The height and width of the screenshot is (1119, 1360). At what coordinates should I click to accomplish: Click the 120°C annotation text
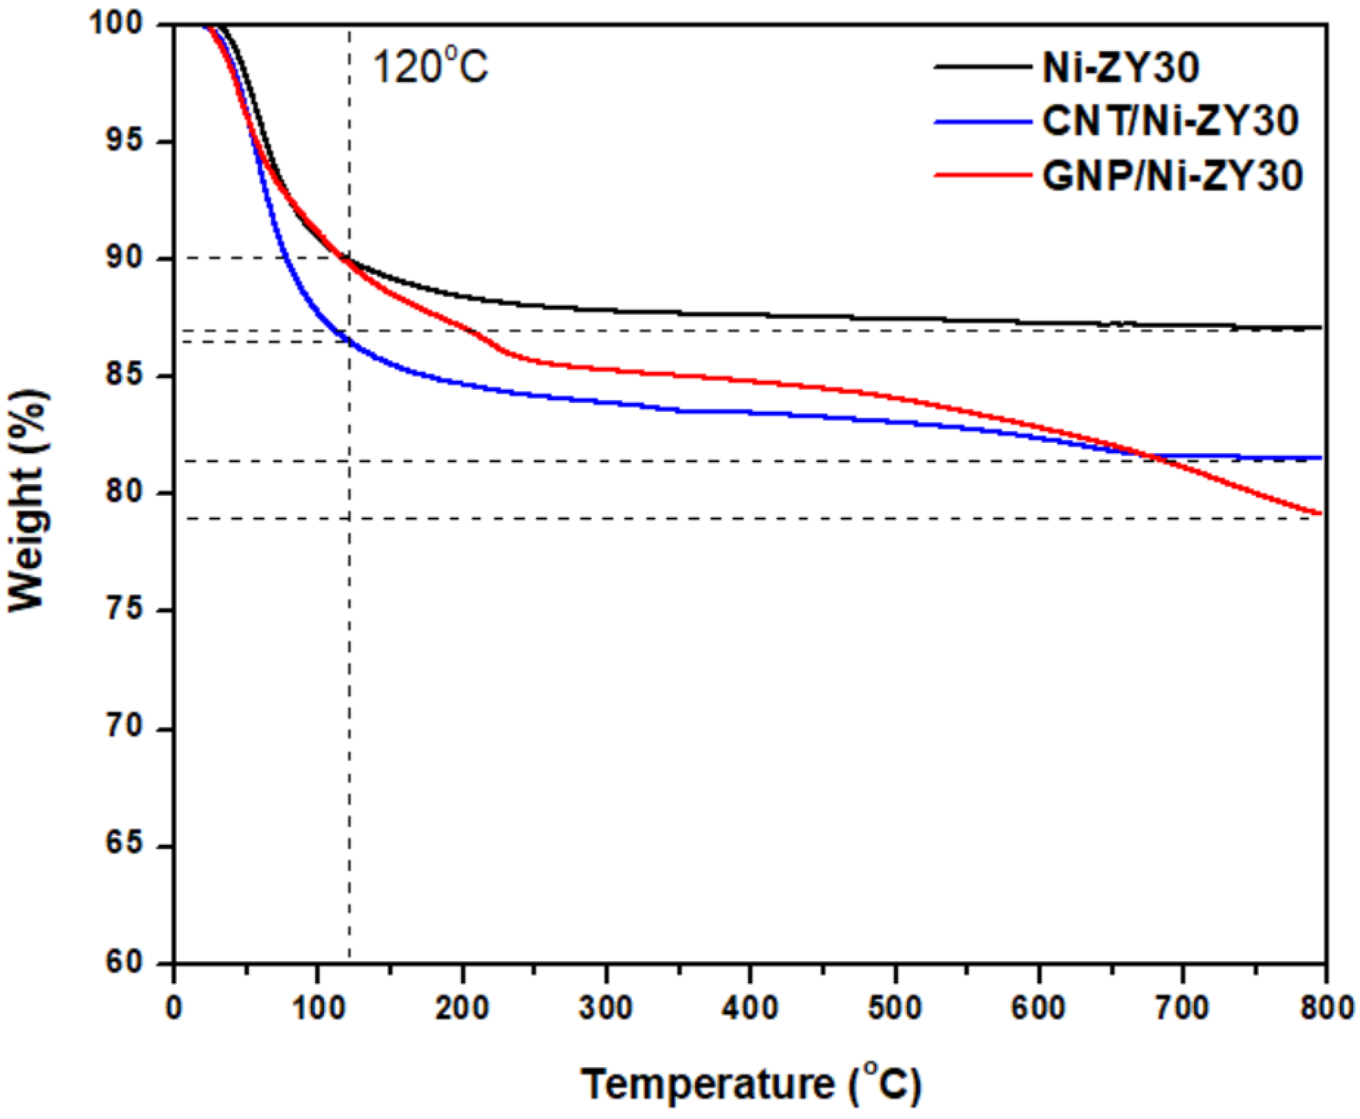point(430,67)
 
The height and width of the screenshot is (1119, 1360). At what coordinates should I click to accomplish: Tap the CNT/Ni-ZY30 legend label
point(1170,121)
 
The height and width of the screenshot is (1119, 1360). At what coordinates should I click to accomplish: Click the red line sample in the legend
point(980,174)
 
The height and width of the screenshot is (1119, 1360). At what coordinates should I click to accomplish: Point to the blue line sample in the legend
point(980,120)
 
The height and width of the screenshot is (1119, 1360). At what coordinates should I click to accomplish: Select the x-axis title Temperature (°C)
point(751,1085)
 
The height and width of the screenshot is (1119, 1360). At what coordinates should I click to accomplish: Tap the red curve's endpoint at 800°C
point(1320,513)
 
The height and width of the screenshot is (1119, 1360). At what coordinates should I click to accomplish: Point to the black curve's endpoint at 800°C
point(1320,327)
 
